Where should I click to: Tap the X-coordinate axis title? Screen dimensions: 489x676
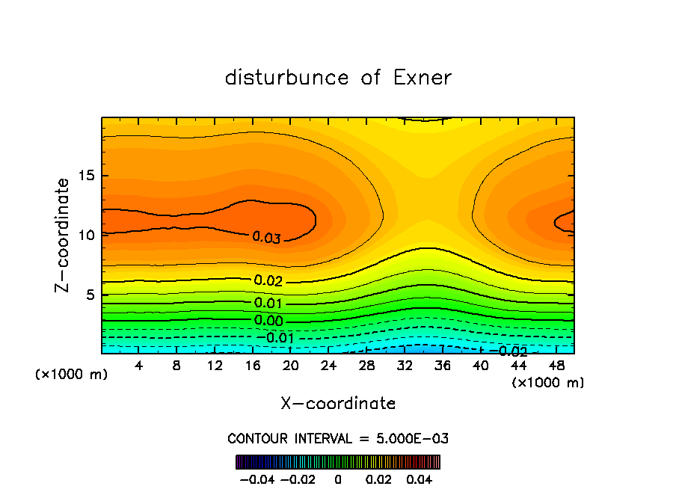tap(338, 404)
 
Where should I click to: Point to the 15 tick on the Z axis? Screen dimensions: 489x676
tap(86, 176)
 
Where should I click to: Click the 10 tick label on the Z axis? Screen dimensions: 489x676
tap(86, 235)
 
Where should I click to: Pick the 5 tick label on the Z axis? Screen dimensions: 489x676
tap(90, 295)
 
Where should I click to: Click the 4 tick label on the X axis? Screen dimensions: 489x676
tap(139, 366)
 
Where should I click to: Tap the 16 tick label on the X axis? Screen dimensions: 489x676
tap(253, 366)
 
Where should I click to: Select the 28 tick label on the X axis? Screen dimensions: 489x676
tap(366, 366)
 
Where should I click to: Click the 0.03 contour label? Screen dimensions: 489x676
tap(266, 238)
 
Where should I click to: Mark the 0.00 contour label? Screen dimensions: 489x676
tap(268, 322)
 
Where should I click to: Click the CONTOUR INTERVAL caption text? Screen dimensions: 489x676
tap(338, 438)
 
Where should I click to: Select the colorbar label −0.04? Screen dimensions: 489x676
tap(257, 478)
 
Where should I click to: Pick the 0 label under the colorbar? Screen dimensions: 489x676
tap(338, 478)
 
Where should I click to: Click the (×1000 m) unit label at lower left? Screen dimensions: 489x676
tap(72, 375)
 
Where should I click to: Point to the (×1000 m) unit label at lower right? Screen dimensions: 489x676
tap(548, 383)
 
